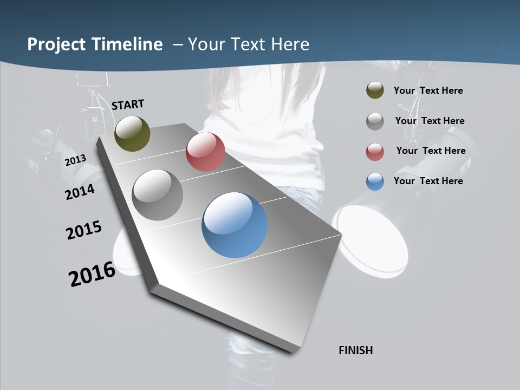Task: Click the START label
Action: coord(128,105)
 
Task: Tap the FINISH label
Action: coord(355,350)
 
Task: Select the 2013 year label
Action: coord(75,160)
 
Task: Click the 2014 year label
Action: coord(80,192)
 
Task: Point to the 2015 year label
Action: coord(83,230)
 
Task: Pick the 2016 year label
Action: coord(92,274)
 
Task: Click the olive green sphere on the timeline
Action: coord(132,133)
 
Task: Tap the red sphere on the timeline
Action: coord(205,152)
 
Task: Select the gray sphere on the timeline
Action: coord(157,194)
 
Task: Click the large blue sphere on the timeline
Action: coord(235,225)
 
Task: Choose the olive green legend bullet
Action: coord(375,90)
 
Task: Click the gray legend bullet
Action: coord(375,121)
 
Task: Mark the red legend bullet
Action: coord(375,152)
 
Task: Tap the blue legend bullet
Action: coord(375,181)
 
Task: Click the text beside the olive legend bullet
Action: coord(428,91)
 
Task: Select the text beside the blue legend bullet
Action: coord(428,181)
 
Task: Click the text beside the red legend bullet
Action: coord(431,151)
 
